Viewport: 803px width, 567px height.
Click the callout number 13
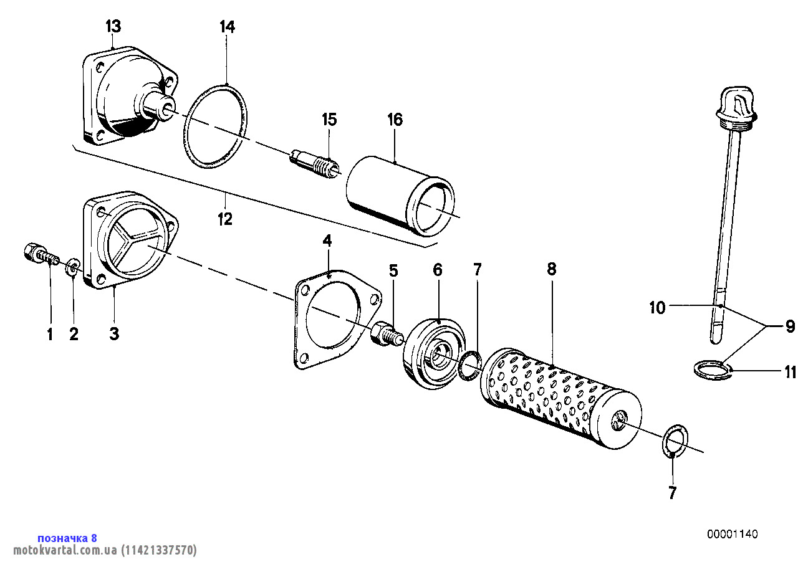113,27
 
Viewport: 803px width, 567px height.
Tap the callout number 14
228,27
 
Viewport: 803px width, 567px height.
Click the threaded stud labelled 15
314,164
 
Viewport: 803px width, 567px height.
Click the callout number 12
225,219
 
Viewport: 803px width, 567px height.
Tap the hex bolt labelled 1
42,255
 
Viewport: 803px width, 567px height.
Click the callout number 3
114,334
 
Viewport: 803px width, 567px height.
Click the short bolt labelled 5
387,334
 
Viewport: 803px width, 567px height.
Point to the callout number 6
438,270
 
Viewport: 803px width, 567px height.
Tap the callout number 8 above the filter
552,269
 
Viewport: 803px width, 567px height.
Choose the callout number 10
657,308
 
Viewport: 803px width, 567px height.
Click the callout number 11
791,372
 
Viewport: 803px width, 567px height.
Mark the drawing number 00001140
733,534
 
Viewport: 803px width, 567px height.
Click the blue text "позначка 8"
67,538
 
